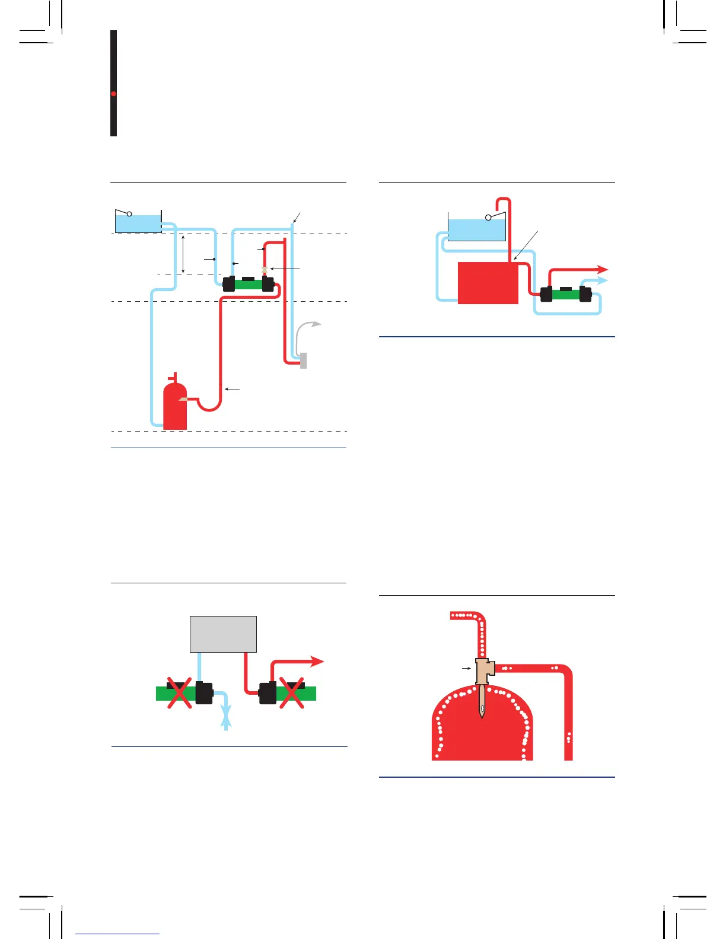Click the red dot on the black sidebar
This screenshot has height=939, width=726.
pyautogui.click(x=113, y=94)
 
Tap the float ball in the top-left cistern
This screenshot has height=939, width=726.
pyautogui.click(x=129, y=213)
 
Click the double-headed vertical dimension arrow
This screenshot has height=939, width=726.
pyautogui.click(x=183, y=254)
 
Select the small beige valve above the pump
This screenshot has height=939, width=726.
pyautogui.click(x=264, y=270)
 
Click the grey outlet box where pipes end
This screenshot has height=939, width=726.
pyautogui.click(x=303, y=360)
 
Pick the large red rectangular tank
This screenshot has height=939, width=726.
pyautogui.click(x=488, y=283)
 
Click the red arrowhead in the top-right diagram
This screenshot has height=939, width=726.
pyautogui.click(x=601, y=270)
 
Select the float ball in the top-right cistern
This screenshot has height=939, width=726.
pyautogui.click(x=488, y=218)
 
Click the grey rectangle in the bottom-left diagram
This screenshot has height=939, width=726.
pyautogui.click(x=223, y=634)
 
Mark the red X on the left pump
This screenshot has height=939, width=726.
pyautogui.click(x=179, y=693)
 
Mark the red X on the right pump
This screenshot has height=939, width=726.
pyautogui.click(x=291, y=693)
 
